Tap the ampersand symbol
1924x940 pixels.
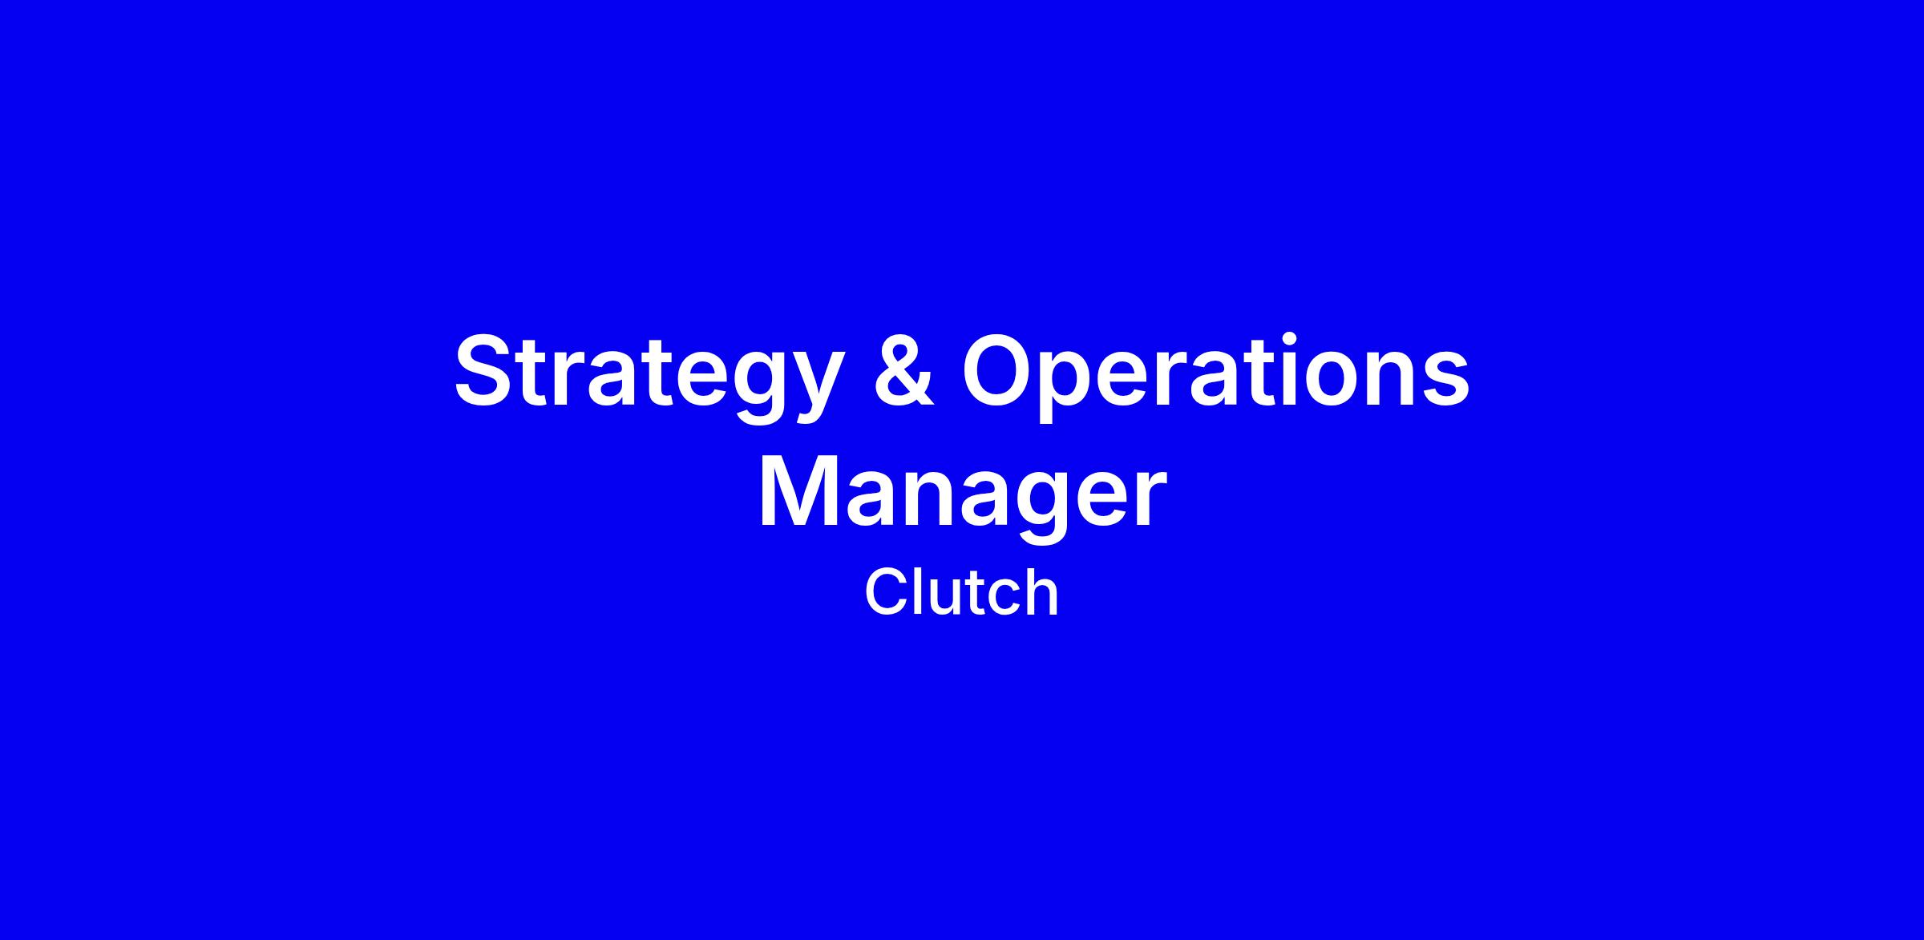903,369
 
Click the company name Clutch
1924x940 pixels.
962,592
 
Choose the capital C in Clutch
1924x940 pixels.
885,593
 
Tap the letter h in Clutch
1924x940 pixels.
1041,592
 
